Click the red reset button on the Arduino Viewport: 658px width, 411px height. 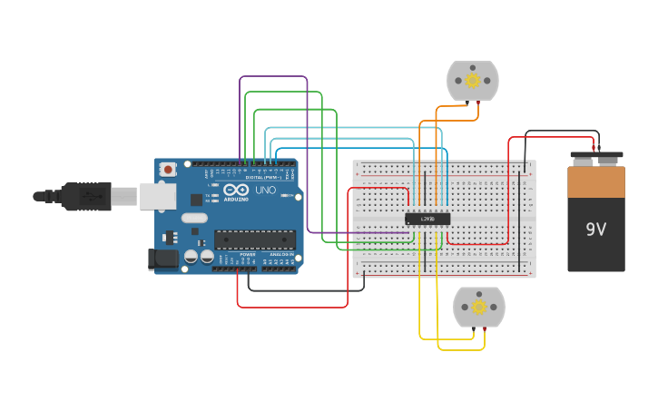[168, 169]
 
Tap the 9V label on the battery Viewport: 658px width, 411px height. [595, 230]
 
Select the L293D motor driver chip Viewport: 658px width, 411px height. [427, 219]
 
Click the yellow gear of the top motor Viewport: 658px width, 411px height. [472, 81]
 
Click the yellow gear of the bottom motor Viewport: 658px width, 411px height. [479, 307]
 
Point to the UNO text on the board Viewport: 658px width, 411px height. [266, 191]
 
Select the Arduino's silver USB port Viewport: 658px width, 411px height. [157, 195]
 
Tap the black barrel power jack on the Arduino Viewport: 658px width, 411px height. [162, 259]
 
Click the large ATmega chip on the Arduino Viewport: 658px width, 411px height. [255, 240]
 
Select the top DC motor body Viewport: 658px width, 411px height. [473, 81]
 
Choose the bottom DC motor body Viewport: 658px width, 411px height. [479, 307]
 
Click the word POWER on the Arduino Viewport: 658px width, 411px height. [248, 254]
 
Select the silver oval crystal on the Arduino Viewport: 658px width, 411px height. [194, 218]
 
